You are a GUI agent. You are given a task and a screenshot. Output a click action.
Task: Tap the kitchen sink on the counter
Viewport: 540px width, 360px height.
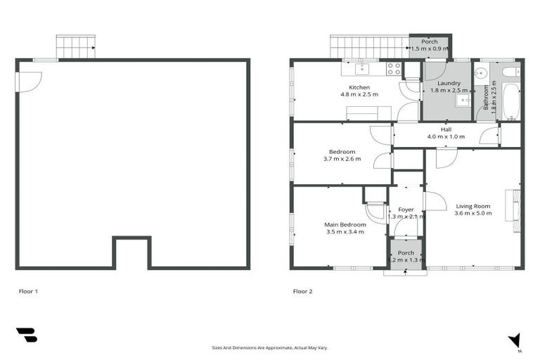pos(363,69)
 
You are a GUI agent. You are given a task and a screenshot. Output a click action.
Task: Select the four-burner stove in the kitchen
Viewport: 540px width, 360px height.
pos(394,69)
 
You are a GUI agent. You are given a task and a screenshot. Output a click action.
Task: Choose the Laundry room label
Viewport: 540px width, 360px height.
pos(449,83)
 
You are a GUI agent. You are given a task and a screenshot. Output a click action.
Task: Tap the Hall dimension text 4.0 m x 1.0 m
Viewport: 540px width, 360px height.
pos(446,136)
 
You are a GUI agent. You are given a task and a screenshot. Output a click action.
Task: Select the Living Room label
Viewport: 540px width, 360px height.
pos(472,206)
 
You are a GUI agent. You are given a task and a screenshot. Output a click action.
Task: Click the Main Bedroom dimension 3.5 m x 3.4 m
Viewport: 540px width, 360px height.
pos(345,231)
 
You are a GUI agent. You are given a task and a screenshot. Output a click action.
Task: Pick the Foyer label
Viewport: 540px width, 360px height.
pos(406,210)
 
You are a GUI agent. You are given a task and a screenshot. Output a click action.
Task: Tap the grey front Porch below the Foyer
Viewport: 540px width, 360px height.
pos(406,256)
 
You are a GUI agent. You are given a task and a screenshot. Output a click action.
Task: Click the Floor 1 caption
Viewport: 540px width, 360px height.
pos(27,290)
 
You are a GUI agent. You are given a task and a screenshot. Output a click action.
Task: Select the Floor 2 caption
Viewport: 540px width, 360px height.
pos(302,290)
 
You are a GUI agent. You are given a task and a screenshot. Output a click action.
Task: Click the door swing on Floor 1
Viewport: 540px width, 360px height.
pos(30,81)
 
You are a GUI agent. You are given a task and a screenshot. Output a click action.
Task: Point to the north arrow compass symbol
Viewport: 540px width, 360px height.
pos(515,340)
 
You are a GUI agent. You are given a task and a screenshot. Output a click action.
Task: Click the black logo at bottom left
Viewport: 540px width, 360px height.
pos(27,335)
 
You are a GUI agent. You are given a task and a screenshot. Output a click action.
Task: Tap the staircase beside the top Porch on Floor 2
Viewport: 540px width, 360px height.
pos(369,47)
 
